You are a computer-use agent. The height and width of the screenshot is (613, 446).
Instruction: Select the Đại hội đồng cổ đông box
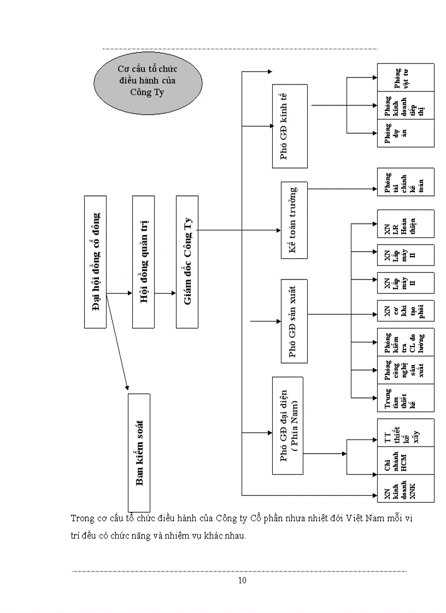(x=95, y=262)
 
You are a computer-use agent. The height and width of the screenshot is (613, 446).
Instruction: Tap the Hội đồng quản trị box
(x=143, y=262)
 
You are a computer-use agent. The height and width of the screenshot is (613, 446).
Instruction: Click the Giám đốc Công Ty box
(x=187, y=262)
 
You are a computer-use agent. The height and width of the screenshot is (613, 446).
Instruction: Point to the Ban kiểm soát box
(x=139, y=451)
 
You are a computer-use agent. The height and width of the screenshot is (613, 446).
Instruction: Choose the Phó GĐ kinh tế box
(x=290, y=126)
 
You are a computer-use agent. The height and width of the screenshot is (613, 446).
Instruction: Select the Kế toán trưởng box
(x=294, y=220)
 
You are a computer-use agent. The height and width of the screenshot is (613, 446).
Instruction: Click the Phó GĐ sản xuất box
(x=294, y=321)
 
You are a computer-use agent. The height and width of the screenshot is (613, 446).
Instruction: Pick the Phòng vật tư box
(x=405, y=77)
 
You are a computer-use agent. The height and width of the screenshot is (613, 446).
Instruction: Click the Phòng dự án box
(x=405, y=133)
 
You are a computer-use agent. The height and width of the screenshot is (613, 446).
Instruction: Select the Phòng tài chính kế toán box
(x=405, y=182)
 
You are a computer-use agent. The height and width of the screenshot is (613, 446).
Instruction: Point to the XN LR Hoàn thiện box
(x=405, y=224)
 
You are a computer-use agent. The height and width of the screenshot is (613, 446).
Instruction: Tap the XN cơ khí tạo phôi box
(x=405, y=310)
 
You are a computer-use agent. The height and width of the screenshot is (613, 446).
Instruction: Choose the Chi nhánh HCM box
(x=405, y=461)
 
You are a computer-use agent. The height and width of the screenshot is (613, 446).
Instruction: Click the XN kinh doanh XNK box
(x=405, y=489)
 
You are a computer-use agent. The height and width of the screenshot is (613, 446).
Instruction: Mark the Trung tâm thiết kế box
(x=405, y=398)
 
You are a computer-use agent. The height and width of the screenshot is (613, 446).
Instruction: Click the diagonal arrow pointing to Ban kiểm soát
(x=117, y=342)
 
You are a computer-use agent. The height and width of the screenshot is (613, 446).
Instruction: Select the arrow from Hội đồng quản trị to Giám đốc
(x=165, y=293)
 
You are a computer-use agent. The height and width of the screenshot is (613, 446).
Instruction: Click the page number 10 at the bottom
(x=242, y=580)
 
